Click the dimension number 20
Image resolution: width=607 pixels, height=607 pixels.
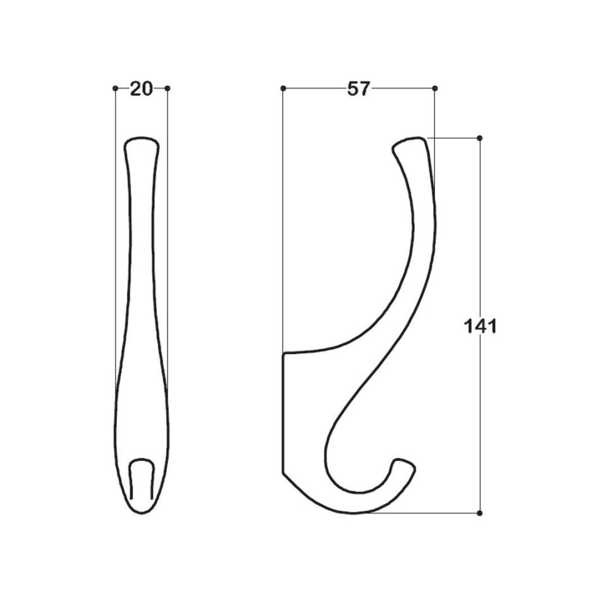click(x=141, y=89)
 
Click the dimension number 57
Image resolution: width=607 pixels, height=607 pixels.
click(x=359, y=89)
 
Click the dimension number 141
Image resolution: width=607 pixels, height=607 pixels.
click(x=480, y=327)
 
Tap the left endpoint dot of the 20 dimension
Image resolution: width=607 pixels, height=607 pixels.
click(x=115, y=89)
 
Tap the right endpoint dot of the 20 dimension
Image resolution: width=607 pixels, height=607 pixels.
click(x=167, y=89)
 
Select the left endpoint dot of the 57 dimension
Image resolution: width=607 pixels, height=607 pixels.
click(x=283, y=89)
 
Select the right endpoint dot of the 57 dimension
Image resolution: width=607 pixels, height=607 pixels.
click(x=435, y=89)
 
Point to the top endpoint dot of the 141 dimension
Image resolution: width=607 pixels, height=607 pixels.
click(x=480, y=138)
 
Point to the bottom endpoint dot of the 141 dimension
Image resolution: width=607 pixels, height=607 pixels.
click(x=480, y=513)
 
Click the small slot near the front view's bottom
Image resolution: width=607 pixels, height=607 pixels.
click(x=141, y=479)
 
